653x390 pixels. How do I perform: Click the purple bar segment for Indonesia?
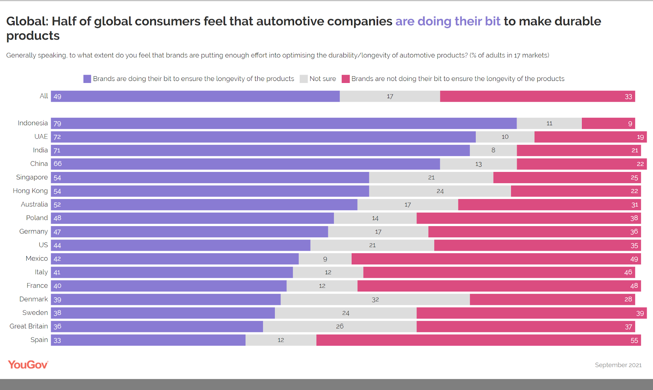(284, 123)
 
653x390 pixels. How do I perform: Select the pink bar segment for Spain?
(478, 340)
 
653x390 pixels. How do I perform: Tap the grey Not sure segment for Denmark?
(375, 299)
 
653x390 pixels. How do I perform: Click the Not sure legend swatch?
(304, 79)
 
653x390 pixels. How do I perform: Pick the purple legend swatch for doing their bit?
(87, 79)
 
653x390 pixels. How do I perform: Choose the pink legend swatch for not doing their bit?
(346, 79)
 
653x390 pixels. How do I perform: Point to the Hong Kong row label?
(30, 191)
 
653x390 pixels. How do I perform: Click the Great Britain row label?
(29, 326)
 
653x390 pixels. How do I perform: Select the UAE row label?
(41, 136)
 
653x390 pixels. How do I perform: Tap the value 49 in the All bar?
(57, 97)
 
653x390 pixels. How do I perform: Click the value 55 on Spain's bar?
(634, 340)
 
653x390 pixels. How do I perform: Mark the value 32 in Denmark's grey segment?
(375, 299)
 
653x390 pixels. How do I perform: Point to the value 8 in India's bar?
(493, 150)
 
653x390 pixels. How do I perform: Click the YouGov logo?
(28, 364)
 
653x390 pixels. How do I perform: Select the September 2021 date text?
(618, 365)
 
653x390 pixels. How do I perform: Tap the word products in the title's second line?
(33, 36)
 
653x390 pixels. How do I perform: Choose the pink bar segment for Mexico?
(496, 259)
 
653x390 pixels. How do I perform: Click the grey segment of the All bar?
(390, 96)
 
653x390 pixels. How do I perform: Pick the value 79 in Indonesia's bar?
(57, 123)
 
